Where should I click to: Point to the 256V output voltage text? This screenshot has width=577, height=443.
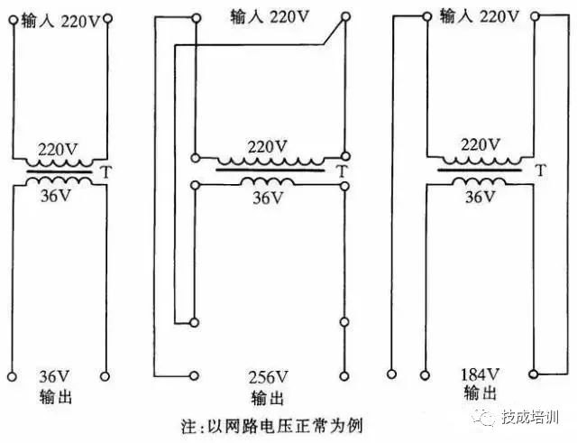coord(269,377)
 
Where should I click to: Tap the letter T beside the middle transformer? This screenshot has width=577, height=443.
coord(341,170)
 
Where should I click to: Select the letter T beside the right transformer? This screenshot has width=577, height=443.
coord(539,170)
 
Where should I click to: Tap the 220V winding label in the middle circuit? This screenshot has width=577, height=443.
coord(267,146)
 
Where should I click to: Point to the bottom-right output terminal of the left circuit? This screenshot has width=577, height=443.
coord(106,374)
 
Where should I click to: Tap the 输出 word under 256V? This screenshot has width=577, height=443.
coord(268,398)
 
